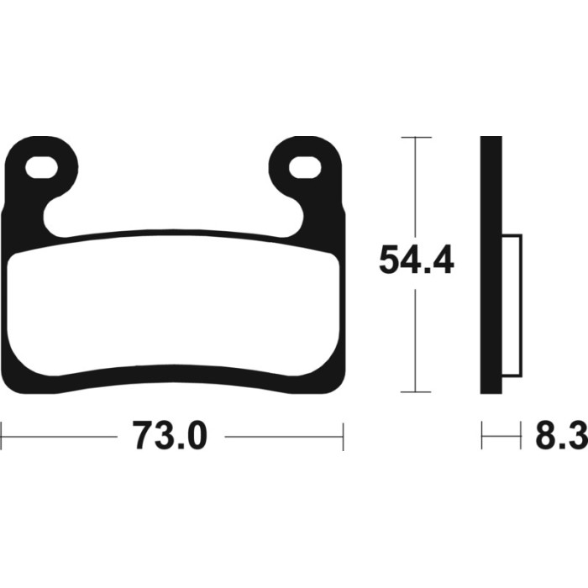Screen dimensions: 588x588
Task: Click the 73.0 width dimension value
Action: click(x=170, y=435)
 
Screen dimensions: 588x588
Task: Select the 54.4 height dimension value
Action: click(x=417, y=260)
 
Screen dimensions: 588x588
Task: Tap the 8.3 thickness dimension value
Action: click(x=561, y=435)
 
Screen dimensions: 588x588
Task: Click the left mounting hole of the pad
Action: click(x=41, y=167)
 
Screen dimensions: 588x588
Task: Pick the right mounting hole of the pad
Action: click(x=305, y=167)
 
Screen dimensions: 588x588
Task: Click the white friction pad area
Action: click(x=173, y=304)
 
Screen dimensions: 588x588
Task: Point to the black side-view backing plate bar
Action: click(x=491, y=265)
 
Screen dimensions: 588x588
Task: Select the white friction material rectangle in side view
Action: click(x=512, y=306)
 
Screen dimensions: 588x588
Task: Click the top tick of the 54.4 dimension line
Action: click(x=416, y=137)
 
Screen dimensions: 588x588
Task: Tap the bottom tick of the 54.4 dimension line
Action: click(x=416, y=392)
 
